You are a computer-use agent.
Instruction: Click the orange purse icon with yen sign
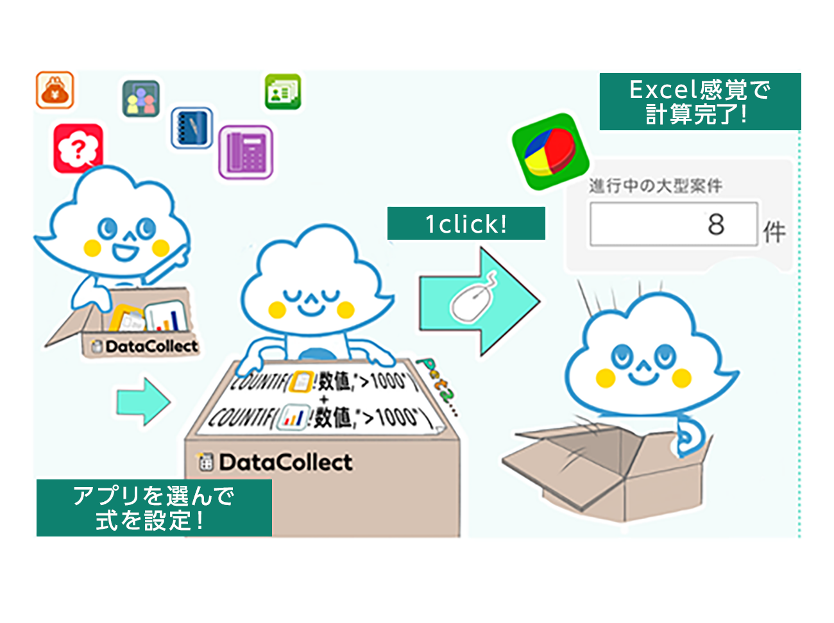[55, 90]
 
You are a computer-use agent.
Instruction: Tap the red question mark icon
[78, 149]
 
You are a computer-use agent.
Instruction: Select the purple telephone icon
[246, 152]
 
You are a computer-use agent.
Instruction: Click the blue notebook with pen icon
[192, 128]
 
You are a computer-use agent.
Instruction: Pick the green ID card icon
[283, 92]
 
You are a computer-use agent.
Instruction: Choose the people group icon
[141, 98]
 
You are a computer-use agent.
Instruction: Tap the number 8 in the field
[716, 224]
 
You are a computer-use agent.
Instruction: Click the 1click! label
[466, 224]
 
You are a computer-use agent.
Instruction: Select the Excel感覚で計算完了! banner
[700, 102]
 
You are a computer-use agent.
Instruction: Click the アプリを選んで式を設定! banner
[154, 508]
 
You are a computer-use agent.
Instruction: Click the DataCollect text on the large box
[285, 462]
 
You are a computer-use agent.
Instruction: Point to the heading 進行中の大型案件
[655, 186]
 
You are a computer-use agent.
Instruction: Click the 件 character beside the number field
[774, 232]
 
